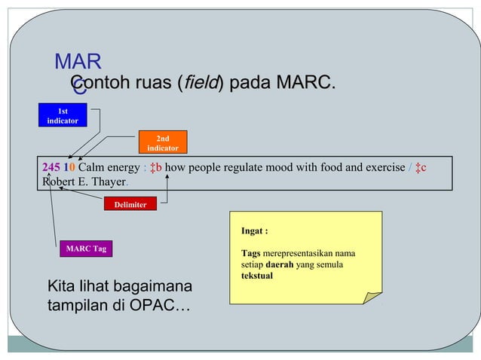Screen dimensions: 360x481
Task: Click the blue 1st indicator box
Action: pyautogui.click(x=63, y=116)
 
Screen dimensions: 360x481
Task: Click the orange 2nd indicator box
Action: pyautogui.click(x=162, y=143)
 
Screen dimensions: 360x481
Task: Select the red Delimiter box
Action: pyautogui.click(x=130, y=204)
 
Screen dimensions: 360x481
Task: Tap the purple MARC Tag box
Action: pyautogui.click(x=86, y=249)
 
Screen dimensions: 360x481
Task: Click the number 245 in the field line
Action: pyautogui.click(x=51, y=166)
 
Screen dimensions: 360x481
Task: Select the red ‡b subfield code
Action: pyautogui.click(x=155, y=166)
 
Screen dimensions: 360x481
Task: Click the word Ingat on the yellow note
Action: pyautogui.click(x=255, y=231)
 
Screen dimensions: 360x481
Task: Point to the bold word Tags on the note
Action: pyautogui.click(x=251, y=253)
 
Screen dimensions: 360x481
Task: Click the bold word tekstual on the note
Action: pyautogui.click(x=256, y=276)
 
